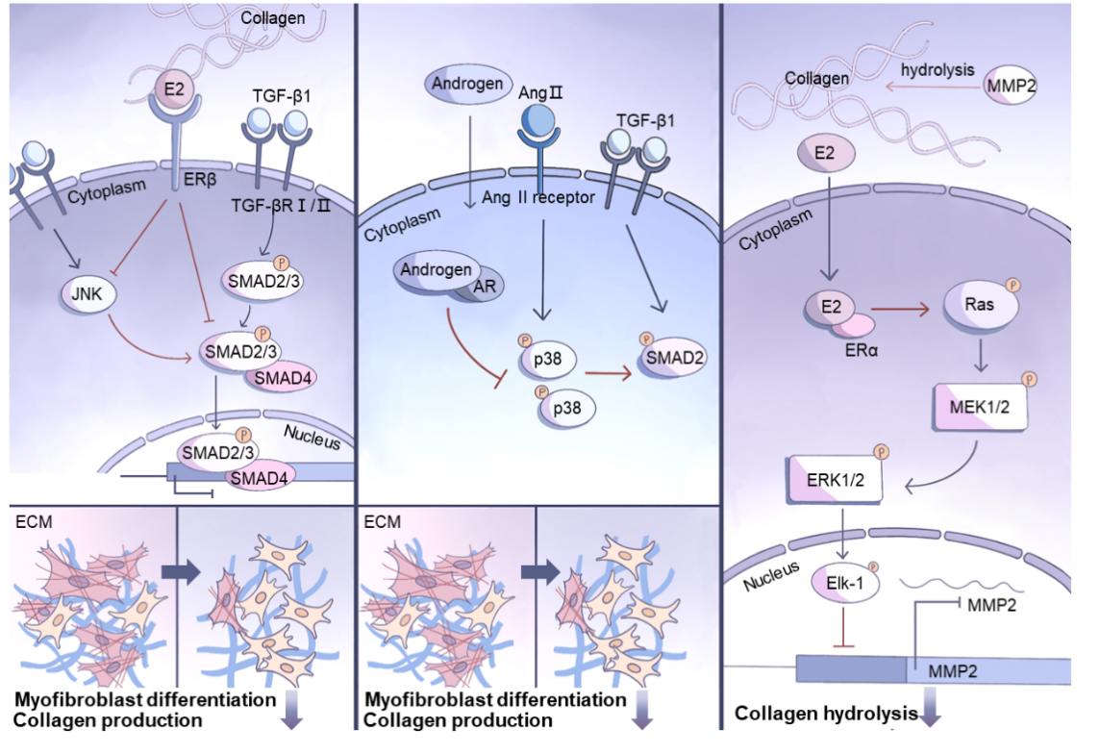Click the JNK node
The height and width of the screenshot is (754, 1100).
pos(87,294)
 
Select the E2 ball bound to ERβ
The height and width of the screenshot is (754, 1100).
pos(174,90)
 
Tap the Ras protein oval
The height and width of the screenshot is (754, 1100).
pos(980,305)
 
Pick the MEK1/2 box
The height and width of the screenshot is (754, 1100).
pos(980,407)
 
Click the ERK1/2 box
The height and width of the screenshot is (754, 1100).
pos(835,480)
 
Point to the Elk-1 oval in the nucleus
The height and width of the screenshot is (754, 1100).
pos(844,583)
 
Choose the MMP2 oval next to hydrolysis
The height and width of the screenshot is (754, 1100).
pos(1010,87)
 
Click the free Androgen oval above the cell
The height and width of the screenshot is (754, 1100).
pos(468,84)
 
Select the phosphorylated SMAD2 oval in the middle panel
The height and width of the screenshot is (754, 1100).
pos(672,358)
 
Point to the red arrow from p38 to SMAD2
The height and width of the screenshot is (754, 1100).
pos(609,373)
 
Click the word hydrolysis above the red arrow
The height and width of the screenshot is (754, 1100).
pos(937,70)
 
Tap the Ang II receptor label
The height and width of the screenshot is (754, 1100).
pos(538,198)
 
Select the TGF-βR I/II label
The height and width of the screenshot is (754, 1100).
pos(282,206)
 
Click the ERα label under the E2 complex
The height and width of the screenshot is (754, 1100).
pos(862,349)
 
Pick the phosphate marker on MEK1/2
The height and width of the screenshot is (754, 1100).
pos(1029,380)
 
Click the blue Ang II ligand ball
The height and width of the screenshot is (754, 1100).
pos(537,120)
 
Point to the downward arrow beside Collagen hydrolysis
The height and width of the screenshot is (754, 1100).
pos(930,707)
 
